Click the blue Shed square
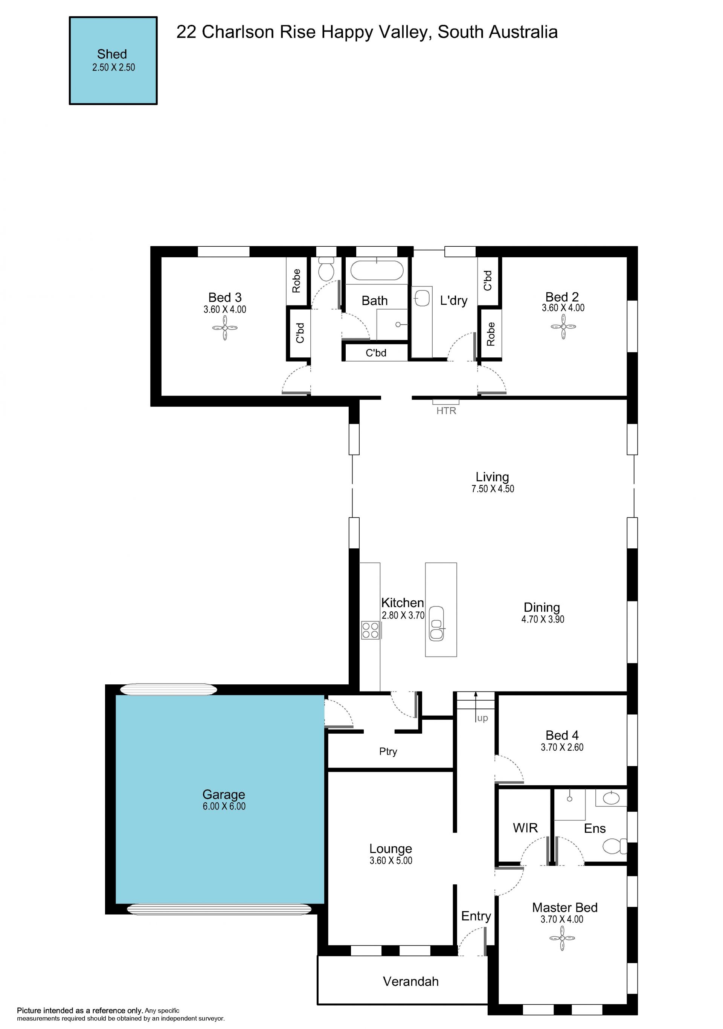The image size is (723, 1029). click(x=113, y=61)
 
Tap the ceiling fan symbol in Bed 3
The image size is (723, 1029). click(x=225, y=328)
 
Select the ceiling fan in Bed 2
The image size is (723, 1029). click(x=563, y=326)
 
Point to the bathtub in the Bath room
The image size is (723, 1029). click(x=377, y=270)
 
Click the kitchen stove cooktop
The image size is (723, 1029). click(x=371, y=630)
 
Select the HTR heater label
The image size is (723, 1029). click(x=446, y=411)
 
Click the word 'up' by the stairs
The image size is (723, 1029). click(x=482, y=718)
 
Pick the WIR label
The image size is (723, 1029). click(x=525, y=828)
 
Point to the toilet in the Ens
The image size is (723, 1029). click(x=615, y=847)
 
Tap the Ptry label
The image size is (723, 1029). click(x=388, y=751)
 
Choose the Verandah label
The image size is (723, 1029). click(x=411, y=982)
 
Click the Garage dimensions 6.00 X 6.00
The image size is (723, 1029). click(x=224, y=806)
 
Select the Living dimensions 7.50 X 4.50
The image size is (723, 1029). click(x=493, y=489)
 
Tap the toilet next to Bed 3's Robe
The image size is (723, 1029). click(x=326, y=269)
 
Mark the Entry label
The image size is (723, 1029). click(x=476, y=916)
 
